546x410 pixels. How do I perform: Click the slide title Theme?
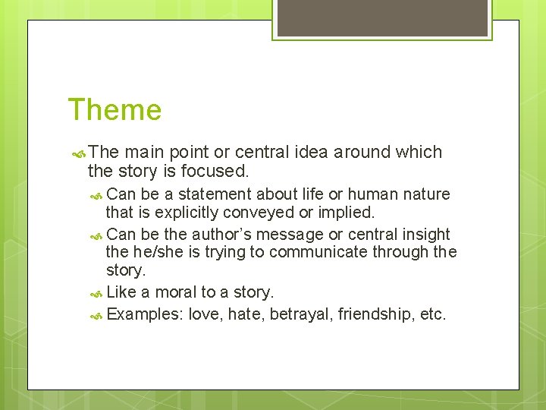115,110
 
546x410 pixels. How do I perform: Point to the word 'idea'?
306,152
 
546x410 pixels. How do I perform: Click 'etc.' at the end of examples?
432,314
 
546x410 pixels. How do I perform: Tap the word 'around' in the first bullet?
362,152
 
